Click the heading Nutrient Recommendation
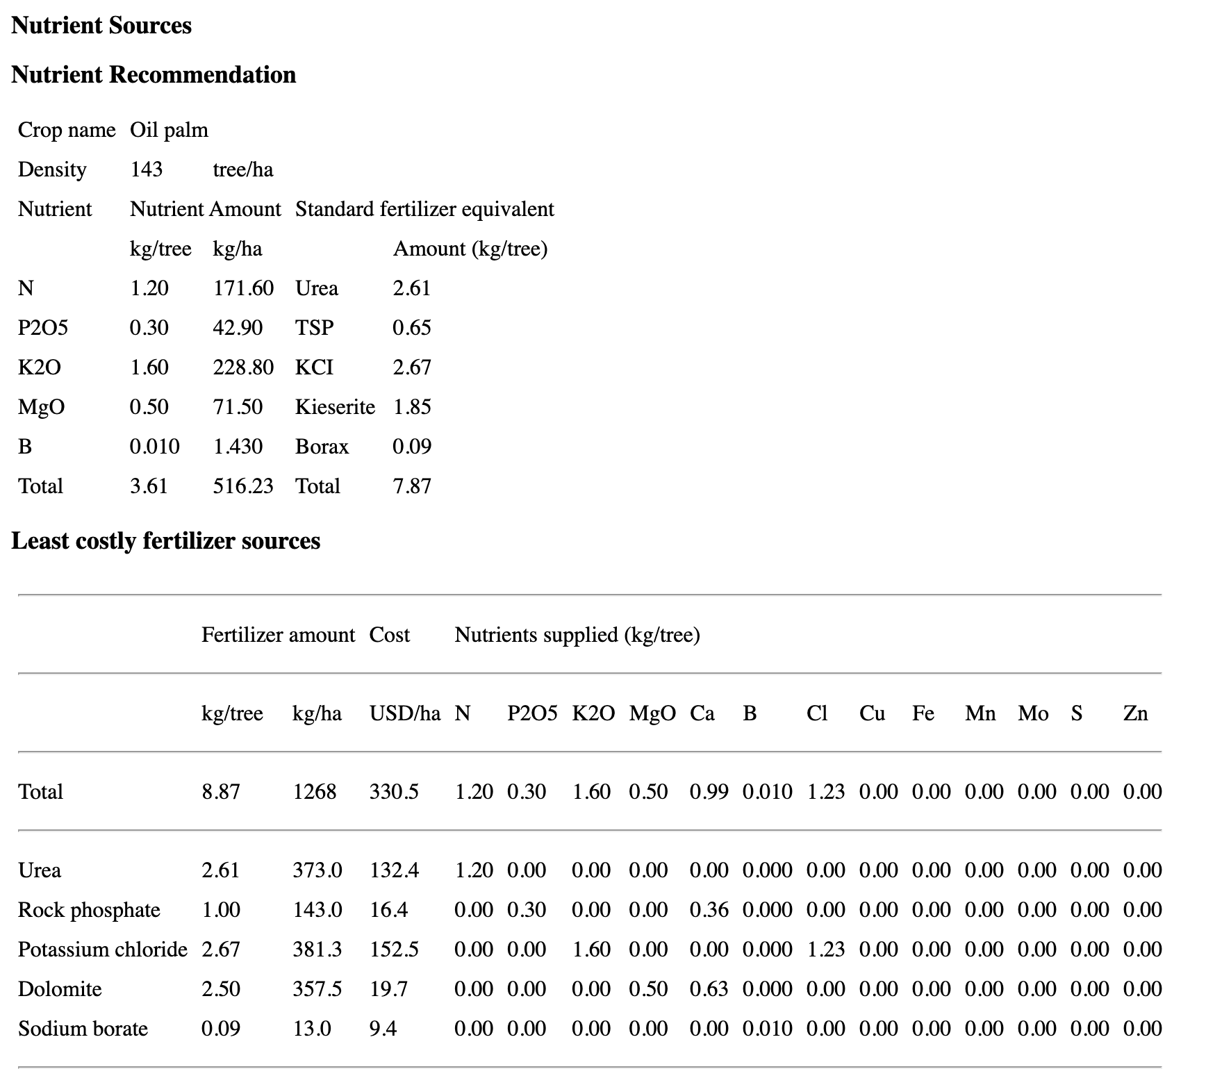(154, 75)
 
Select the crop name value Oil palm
(169, 130)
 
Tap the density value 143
(146, 169)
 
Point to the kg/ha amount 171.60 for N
(243, 288)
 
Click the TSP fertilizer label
(314, 328)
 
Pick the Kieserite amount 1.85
(412, 407)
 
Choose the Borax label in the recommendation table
(322, 447)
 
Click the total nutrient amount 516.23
(243, 486)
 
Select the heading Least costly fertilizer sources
(165, 541)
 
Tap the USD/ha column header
(404, 713)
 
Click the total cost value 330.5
(394, 792)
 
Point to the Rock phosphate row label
(89, 910)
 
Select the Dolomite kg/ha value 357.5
(317, 989)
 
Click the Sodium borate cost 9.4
(383, 1029)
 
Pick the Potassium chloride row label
(103, 950)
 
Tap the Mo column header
(1033, 713)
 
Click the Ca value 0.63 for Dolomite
(709, 989)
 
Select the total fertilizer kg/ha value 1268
(314, 792)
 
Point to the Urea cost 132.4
(394, 870)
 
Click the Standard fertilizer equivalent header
(424, 209)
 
